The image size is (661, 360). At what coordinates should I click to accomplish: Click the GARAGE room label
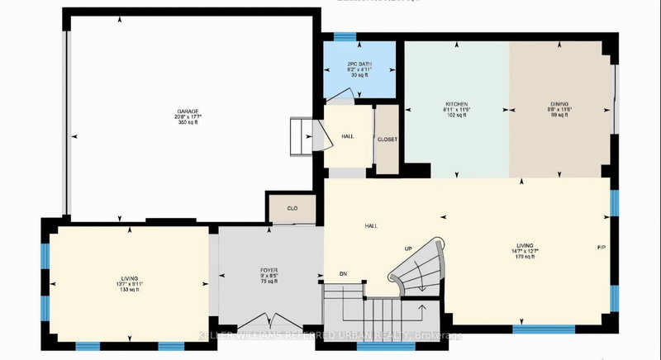coord(187,111)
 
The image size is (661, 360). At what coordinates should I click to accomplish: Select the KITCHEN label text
coord(455,105)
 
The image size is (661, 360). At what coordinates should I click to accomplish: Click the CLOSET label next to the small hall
coord(388,140)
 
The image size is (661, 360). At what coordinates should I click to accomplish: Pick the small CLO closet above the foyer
coord(292,209)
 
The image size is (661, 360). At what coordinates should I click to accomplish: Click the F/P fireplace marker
coord(602,248)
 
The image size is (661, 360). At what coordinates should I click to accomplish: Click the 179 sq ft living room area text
coord(525,257)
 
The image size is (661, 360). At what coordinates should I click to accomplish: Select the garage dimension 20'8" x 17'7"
coord(187,117)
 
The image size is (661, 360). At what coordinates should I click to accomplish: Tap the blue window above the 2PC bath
coord(345,36)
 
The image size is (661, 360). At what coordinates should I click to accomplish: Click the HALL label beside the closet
coord(348,137)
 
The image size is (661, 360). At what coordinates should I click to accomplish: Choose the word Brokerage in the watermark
coord(441,335)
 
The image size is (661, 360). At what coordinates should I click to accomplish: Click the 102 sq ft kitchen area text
coord(455,116)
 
